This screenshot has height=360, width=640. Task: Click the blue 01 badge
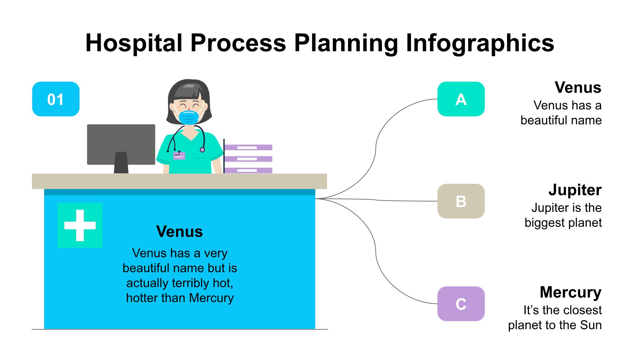(56, 99)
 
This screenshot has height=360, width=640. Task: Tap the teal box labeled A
(461, 99)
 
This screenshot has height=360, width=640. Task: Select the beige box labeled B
(461, 201)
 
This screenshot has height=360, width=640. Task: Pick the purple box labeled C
(461, 304)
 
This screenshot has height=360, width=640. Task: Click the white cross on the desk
(80, 225)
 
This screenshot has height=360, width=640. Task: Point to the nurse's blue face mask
(189, 117)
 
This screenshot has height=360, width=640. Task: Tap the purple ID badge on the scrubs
(179, 156)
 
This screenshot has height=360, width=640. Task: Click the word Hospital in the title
(134, 43)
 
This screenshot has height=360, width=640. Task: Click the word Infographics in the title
(480, 43)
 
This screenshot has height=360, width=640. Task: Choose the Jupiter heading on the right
(575, 190)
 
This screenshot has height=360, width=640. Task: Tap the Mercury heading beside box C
(570, 292)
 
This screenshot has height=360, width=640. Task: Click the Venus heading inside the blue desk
(180, 231)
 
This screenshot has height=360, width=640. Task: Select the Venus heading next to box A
(578, 88)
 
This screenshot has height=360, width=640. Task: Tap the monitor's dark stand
(121, 163)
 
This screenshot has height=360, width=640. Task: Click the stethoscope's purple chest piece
(202, 150)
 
